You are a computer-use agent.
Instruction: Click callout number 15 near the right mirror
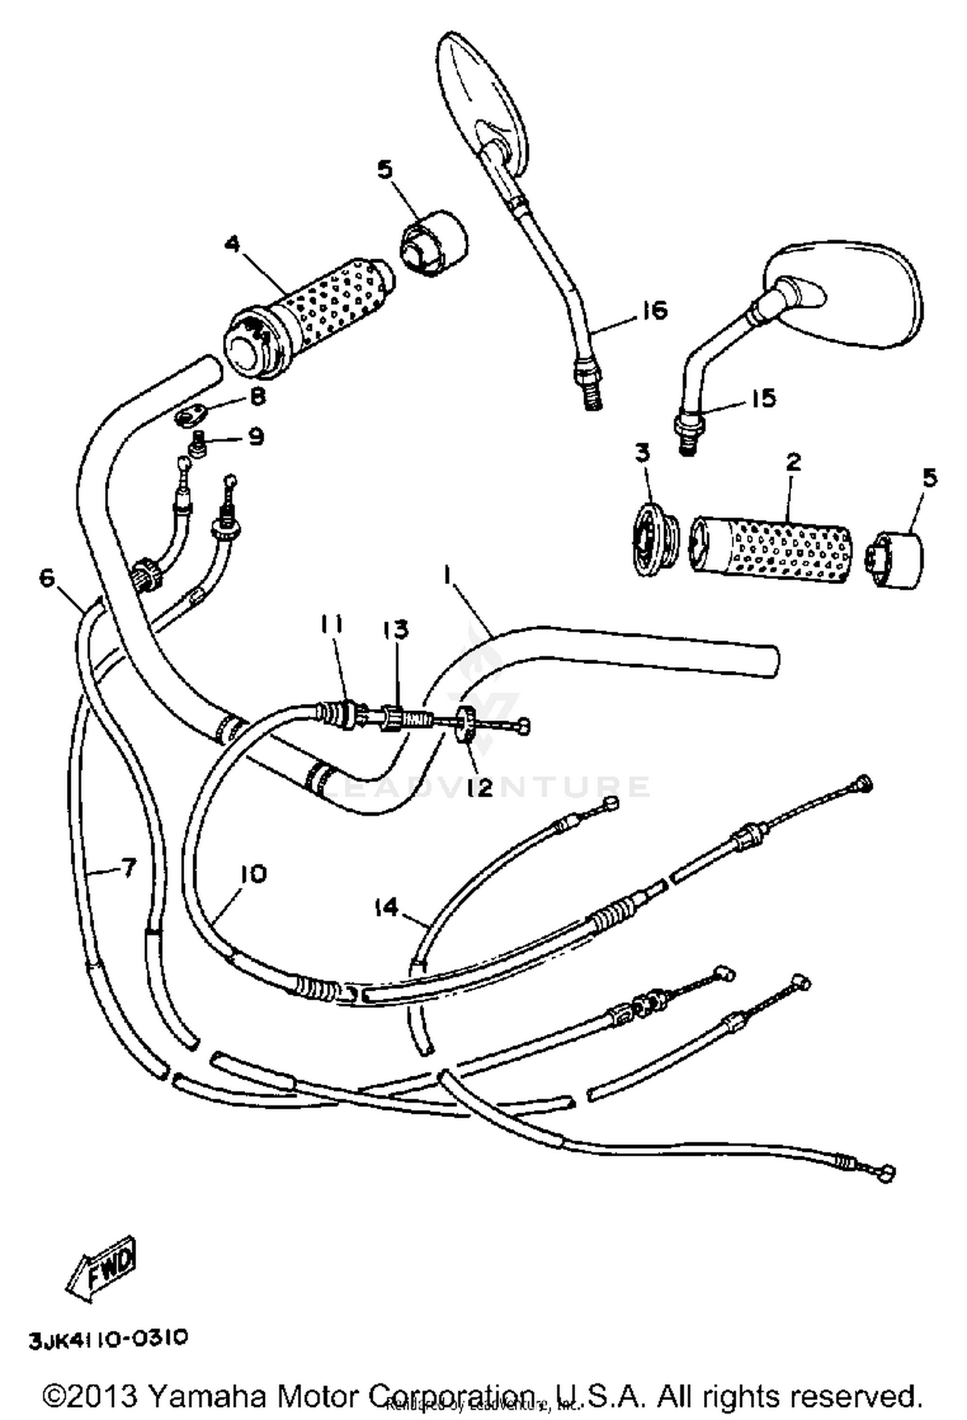pyautogui.click(x=763, y=398)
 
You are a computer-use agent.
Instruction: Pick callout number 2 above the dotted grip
pyautogui.click(x=793, y=462)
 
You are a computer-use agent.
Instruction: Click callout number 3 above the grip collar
pyautogui.click(x=641, y=453)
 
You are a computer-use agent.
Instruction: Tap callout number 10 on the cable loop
pyautogui.click(x=253, y=874)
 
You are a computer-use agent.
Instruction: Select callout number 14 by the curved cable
pyautogui.click(x=387, y=908)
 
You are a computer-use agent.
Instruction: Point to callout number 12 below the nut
pyautogui.click(x=480, y=787)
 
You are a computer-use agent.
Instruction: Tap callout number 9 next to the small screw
pyautogui.click(x=256, y=437)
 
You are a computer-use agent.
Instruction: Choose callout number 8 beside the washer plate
pyautogui.click(x=257, y=396)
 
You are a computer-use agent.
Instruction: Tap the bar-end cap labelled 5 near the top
pyautogui.click(x=433, y=244)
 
